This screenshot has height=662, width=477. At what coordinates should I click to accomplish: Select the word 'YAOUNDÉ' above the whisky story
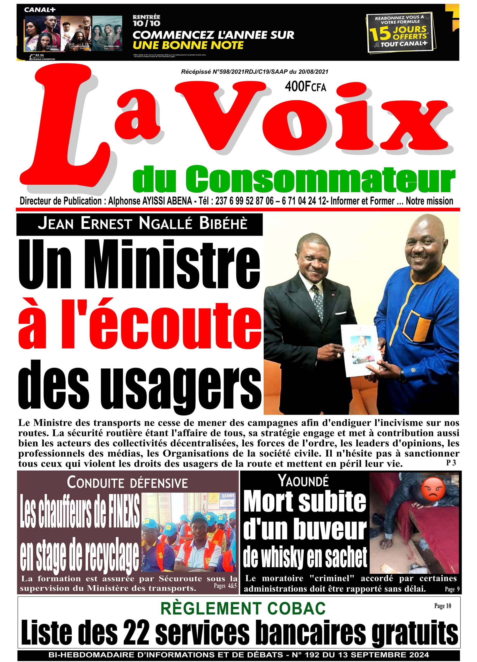pyautogui.click(x=304, y=481)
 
